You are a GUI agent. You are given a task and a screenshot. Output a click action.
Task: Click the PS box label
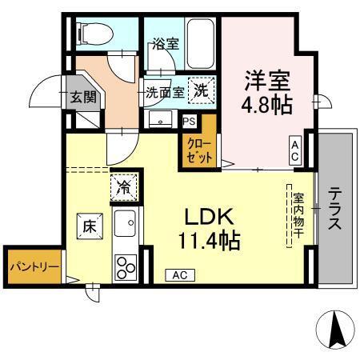point(189,122)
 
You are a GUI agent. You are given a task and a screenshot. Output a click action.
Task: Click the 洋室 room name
point(266,81)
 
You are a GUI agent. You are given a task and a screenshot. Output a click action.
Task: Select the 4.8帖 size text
point(266,104)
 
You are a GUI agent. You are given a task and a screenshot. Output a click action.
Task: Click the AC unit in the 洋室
point(295,150)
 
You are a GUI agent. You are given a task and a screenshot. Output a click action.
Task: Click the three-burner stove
point(126,265)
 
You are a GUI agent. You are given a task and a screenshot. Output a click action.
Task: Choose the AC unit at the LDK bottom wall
point(180,274)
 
